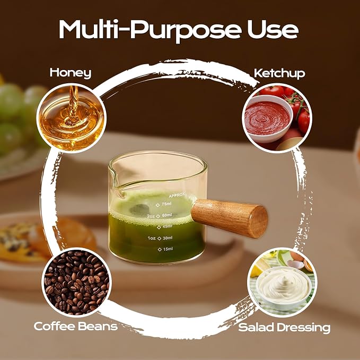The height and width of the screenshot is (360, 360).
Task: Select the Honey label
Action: coord(71,73)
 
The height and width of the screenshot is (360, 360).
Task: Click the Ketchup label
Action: coord(279,74)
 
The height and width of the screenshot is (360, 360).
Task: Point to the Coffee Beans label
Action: coord(75,326)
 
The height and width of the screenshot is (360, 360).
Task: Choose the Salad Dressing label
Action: coord(284,328)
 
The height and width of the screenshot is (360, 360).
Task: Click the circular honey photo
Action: coord(72,118)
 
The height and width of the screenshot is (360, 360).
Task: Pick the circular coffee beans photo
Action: coord(76,282)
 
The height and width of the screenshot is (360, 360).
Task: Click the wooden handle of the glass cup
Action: coord(229,218)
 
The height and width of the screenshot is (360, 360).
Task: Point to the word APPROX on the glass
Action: coord(177,195)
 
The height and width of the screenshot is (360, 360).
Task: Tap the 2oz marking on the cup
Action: coord(151,216)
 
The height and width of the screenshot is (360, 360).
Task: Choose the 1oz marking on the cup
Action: coord(152,238)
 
